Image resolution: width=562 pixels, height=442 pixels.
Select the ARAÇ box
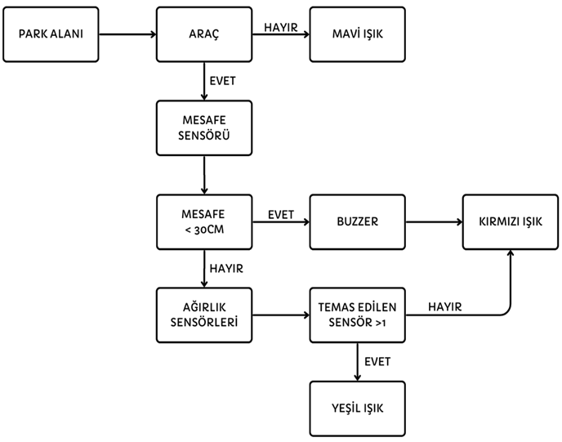[204, 34]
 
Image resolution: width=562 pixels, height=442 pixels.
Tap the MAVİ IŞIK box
[358, 34]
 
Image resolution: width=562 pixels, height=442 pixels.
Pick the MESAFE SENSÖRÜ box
[204, 128]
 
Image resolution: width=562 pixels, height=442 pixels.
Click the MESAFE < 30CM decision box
[204, 221]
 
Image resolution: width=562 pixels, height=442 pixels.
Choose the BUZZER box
[358, 221]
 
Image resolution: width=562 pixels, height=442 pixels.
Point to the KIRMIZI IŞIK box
[511, 221]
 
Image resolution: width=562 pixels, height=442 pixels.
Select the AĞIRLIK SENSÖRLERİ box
[204, 315]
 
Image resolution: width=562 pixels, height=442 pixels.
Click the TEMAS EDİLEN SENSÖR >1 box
[358, 315]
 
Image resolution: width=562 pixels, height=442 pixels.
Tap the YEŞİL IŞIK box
[358, 407]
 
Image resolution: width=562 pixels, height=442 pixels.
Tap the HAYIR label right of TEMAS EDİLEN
[445, 306]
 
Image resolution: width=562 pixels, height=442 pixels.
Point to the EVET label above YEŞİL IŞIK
[377, 361]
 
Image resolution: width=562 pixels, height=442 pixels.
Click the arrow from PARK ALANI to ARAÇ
[127, 34]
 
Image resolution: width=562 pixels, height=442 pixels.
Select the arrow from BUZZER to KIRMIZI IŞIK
[434, 221]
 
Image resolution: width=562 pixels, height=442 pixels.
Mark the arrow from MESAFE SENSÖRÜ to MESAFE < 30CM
[204, 174]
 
